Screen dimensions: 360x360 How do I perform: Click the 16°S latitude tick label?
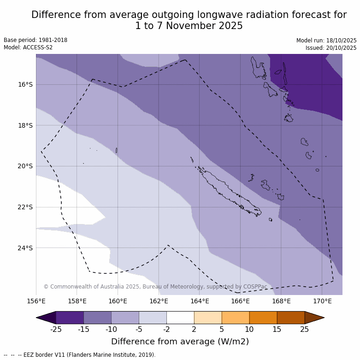point(25,84)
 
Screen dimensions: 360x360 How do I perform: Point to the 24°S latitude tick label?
point(25,248)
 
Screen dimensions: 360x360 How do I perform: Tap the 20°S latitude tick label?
point(25,166)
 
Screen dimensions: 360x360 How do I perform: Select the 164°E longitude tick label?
point(200,301)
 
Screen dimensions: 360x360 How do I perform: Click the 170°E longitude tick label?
point(322,301)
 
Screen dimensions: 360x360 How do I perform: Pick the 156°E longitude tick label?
point(36,301)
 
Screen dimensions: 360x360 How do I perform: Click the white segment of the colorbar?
point(180,318)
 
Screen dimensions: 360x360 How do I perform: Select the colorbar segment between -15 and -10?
point(97,318)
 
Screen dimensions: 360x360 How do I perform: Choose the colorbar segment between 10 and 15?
point(263,318)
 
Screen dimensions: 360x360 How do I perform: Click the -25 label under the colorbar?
point(56,329)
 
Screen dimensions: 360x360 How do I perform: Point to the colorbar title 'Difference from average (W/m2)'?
point(180,342)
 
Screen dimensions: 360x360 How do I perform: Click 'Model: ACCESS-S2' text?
point(28,47)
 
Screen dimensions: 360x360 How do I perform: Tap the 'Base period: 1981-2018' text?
point(35,40)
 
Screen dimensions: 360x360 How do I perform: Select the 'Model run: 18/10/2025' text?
point(326,41)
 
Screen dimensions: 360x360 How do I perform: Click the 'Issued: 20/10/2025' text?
point(331,48)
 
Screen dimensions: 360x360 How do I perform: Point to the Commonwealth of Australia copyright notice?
point(155,287)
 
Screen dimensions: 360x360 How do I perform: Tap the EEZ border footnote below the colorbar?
point(80,355)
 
